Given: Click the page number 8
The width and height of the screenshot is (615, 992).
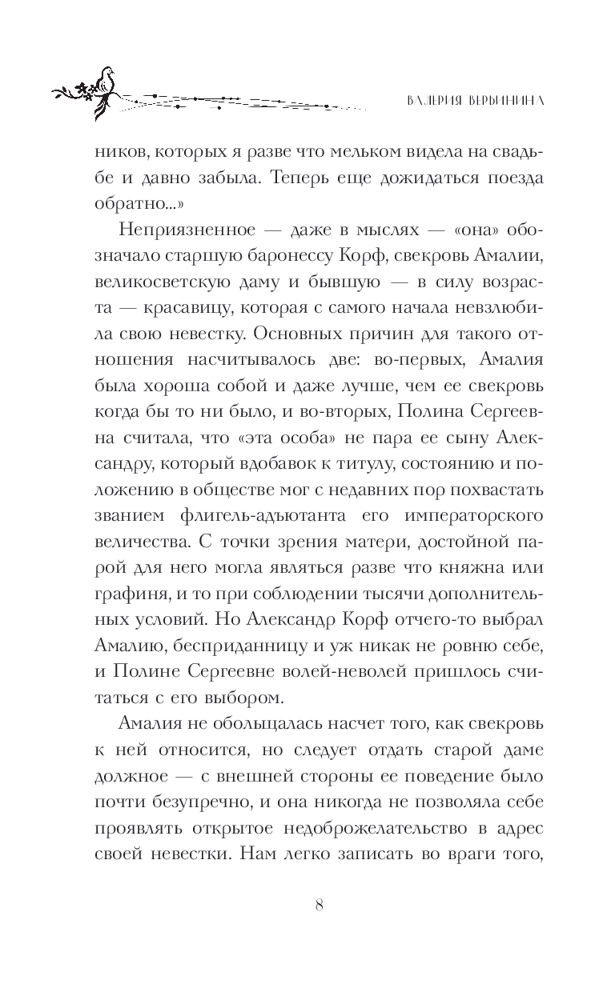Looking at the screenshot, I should tap(319, 904).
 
